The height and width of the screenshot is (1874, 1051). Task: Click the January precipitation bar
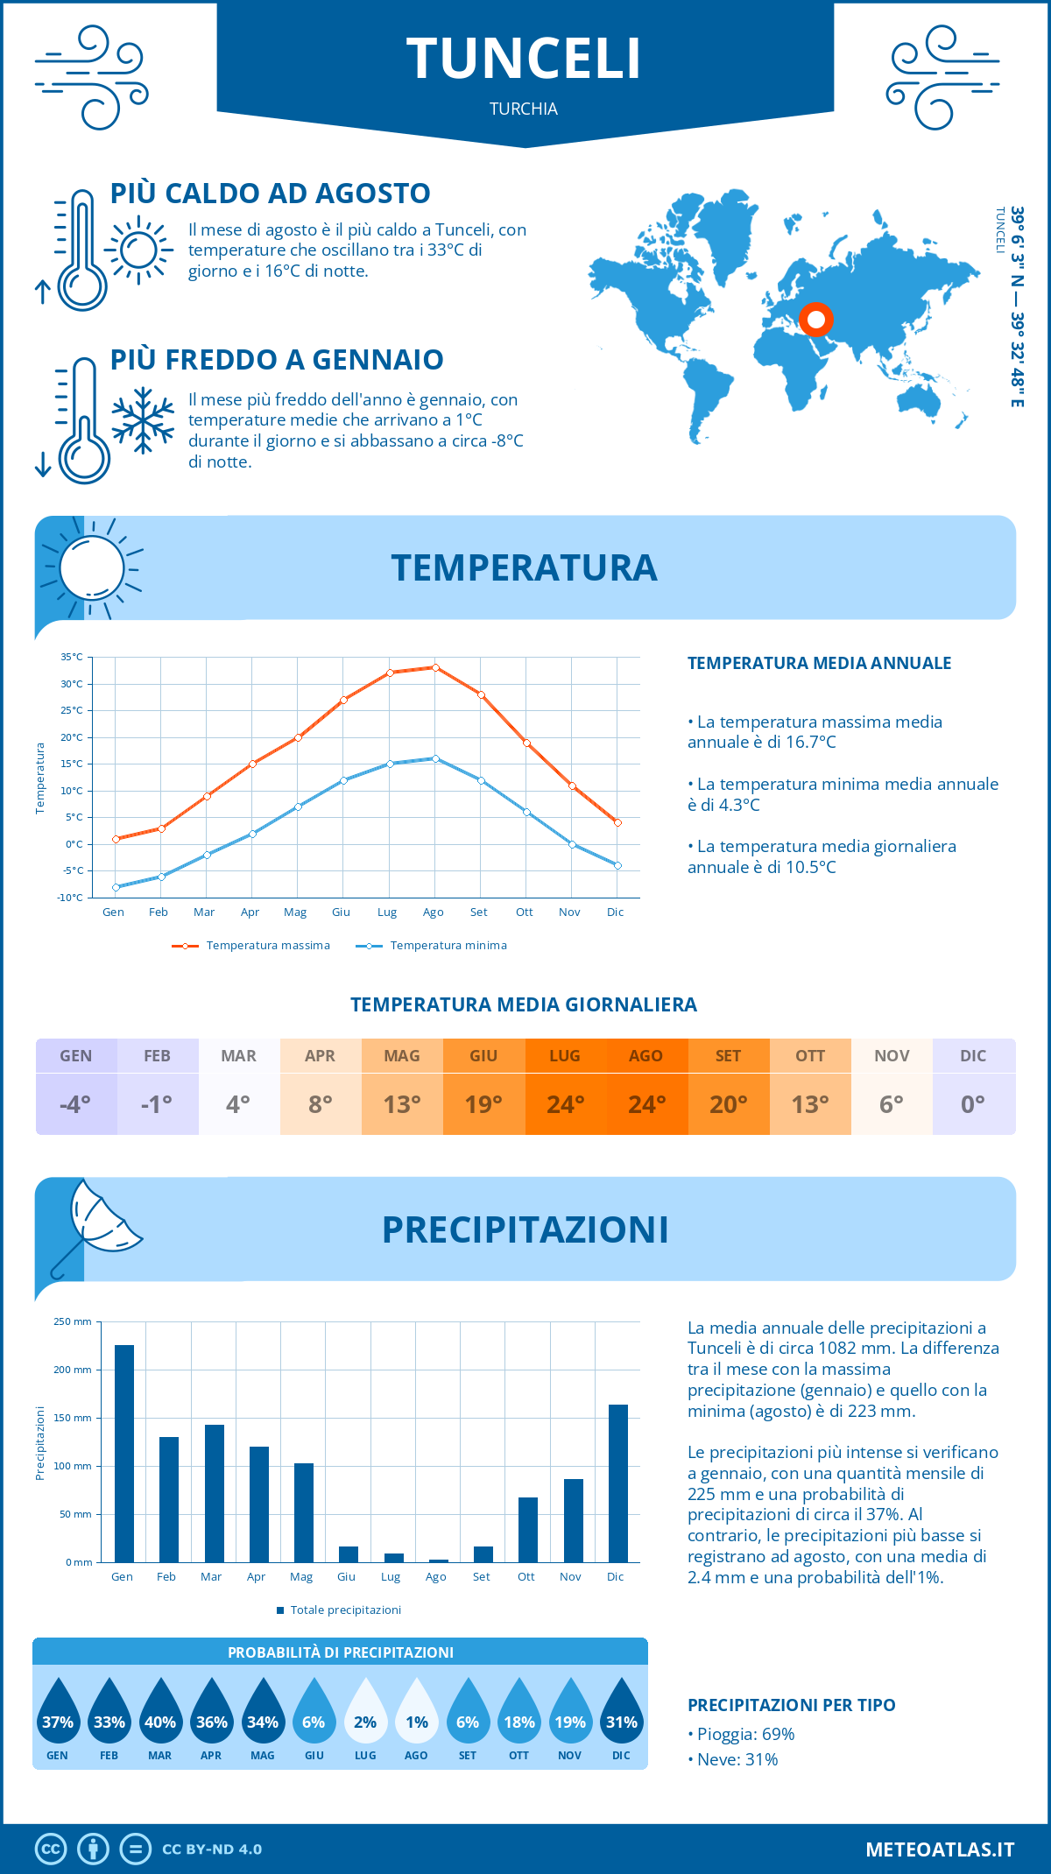[124, 1454]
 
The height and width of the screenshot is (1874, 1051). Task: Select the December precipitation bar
[618, 1483]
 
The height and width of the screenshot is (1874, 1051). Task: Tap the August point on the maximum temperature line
[435, 667]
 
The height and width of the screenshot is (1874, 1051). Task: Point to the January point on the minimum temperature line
[116, 887]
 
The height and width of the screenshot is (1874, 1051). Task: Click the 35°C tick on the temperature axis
[72, 657]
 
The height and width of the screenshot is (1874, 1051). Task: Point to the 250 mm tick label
[73, 1321]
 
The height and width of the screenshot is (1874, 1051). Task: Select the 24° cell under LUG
[565, 1104]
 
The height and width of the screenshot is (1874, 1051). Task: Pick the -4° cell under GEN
[75, 1104]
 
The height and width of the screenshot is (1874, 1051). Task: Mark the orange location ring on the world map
[815, 320]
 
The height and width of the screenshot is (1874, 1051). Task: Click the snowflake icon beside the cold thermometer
[143, 420]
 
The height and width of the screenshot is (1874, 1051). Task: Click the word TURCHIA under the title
[524, 109]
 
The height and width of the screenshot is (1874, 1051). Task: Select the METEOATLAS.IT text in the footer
[939, 1849]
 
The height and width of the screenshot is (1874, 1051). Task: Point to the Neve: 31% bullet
[737, 1759]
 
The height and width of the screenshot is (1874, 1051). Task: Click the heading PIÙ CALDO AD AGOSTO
[270, 194]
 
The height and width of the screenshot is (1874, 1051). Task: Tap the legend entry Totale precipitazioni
[345, 1610]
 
